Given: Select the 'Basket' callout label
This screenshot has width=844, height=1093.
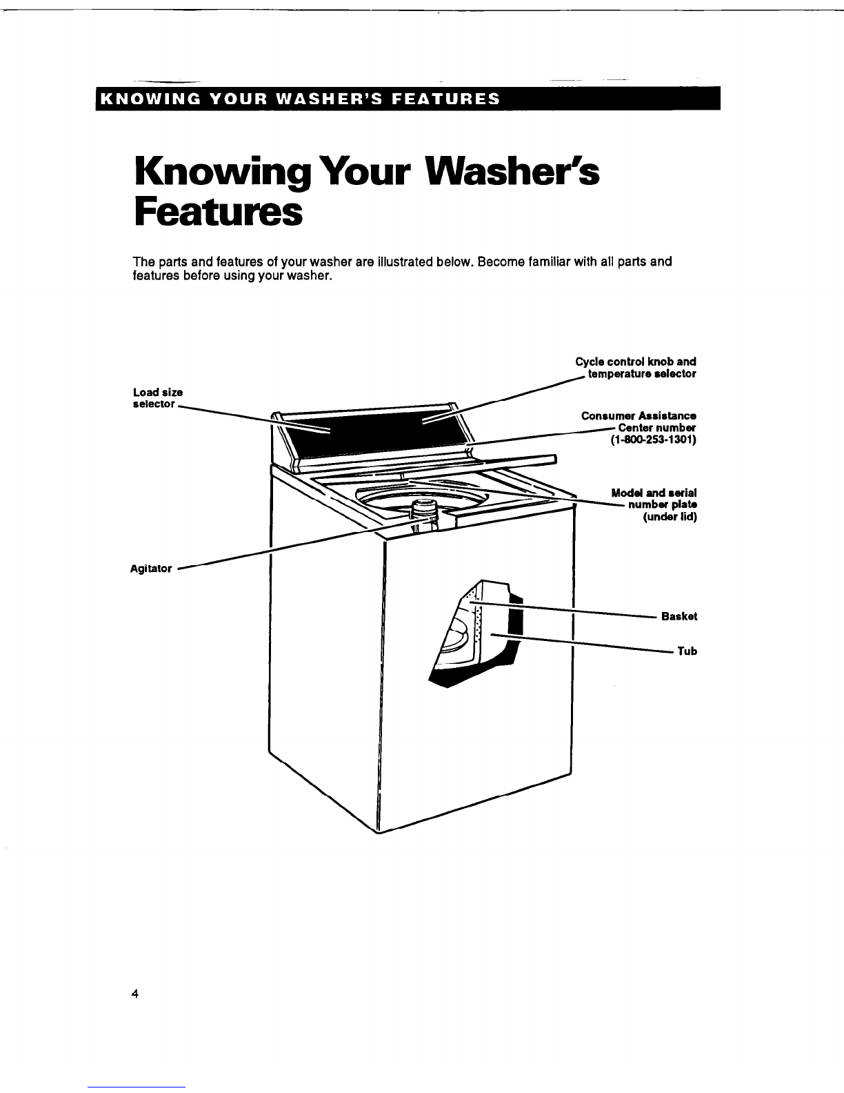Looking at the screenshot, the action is point(679,616).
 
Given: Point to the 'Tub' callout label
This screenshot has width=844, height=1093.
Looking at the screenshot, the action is point(687,651).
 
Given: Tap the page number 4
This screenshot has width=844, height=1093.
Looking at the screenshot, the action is point(136,994).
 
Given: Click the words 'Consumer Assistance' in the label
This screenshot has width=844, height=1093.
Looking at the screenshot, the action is point(639,416).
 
